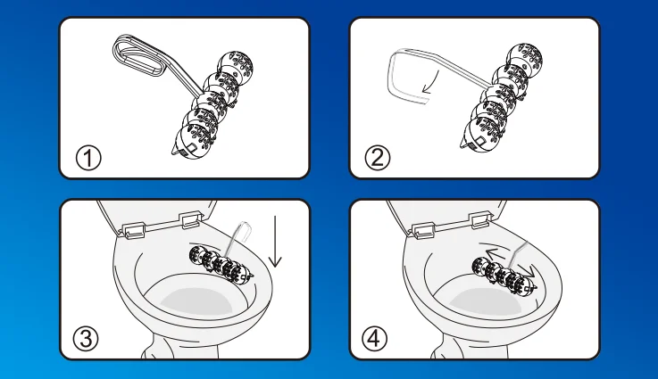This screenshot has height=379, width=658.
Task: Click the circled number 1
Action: [x=88, y=158]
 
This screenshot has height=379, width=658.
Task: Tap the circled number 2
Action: [x=378, y=158]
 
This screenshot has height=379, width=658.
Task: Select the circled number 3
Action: [x=86, y=339]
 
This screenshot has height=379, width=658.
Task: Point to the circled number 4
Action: [x=374, y=339]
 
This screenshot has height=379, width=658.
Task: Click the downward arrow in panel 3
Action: [x=275, y=242]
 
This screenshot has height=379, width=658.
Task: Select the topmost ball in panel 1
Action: [x=236, y=66]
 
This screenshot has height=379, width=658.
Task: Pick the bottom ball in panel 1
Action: [x=192, y=141]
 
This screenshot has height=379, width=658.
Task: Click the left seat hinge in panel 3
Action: [x=134, y=229]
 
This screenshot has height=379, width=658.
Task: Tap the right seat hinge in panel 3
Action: [x=192, y=218]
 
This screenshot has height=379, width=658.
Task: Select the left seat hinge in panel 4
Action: [x=423, y=230]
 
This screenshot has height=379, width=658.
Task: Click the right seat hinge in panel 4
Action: [x=482, y=219]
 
